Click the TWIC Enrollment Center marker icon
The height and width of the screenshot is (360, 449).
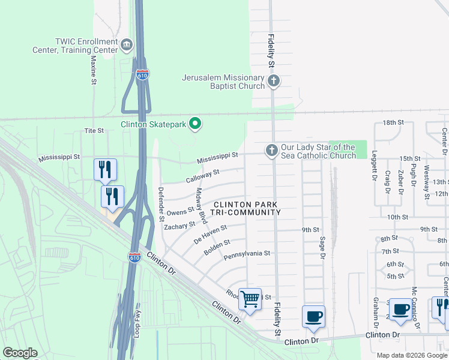127,45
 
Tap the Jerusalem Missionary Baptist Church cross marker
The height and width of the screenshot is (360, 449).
273,81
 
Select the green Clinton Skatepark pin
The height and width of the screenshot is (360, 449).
195,124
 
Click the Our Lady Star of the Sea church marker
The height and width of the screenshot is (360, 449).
271,150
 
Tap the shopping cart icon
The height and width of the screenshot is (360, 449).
250,298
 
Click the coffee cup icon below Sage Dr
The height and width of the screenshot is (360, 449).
313,316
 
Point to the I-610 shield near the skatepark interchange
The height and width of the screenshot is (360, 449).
142,75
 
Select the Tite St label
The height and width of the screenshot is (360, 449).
94,130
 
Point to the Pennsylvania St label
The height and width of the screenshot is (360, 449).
247,254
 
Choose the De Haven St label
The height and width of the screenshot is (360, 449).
210,234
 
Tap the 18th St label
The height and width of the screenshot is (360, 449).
393,122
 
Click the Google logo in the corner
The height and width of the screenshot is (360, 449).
20,353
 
